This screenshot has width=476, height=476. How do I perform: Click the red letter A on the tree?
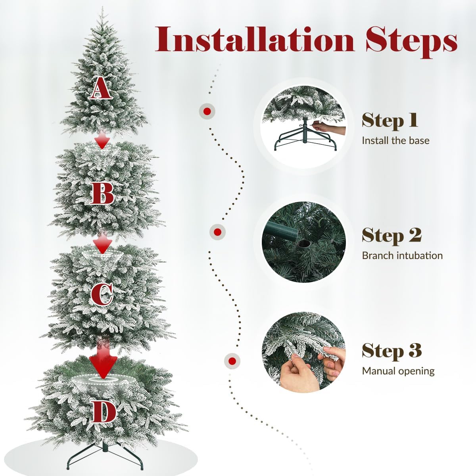(x=100, y=88)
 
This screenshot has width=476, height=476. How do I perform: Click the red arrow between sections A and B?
(x=102, y=140)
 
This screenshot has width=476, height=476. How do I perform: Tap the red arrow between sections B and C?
(x=102, y=243)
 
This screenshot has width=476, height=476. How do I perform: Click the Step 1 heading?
(x=390, y=121)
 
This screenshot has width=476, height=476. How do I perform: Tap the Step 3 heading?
(x=392, y=351)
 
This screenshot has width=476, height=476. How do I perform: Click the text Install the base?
(x=395, y=140)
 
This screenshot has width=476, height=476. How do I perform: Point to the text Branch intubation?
(x=402, y=256)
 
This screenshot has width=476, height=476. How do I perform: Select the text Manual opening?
(x=398, y=371)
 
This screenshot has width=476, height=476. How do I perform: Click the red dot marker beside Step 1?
(x=207, y=111)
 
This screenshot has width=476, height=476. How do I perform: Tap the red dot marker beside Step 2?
(x=217, y=232)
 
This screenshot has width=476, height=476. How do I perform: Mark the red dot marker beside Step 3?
(x=232, y=361)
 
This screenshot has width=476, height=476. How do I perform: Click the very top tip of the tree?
(x=102, y=8)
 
